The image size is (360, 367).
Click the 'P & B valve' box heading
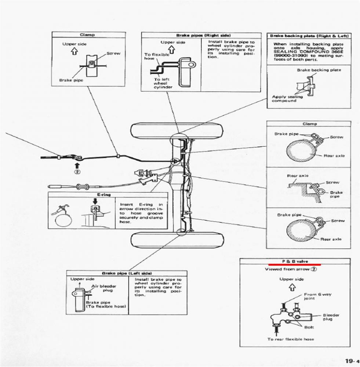(x=295, y=261)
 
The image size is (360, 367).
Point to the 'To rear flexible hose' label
(x=291, y=339)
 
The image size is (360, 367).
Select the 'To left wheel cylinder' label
(x=160, y=83)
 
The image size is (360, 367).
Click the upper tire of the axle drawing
(x=178, y=131)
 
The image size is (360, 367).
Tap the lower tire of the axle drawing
(x=178, y=240)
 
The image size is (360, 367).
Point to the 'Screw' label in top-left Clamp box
(x=113, y=54)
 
